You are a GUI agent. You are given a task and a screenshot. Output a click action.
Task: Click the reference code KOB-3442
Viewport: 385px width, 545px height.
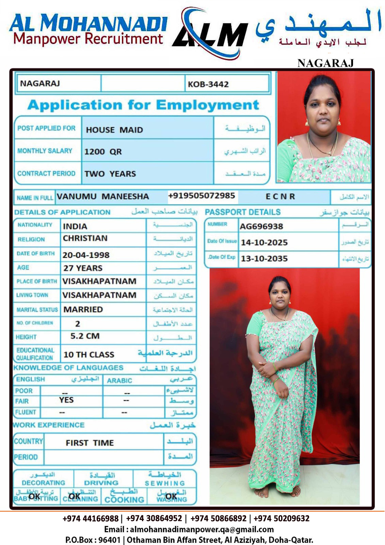[208, 84]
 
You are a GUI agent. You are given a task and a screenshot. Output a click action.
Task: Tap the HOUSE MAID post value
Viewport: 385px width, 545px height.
[114, 130]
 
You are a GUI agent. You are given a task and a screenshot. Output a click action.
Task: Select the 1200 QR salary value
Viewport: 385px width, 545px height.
[103, 152]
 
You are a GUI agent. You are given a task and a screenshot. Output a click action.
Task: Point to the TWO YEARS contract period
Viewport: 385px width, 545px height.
[110, 174]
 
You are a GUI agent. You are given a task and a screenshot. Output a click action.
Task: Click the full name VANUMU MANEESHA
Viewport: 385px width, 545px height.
[103, 197]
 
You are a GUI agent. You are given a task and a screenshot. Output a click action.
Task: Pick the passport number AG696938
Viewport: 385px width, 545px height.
[261, 226]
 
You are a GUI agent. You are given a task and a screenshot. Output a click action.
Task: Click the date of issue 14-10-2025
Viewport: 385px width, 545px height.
[264, 243]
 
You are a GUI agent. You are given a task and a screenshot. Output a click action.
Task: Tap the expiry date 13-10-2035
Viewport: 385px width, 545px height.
[264, 259]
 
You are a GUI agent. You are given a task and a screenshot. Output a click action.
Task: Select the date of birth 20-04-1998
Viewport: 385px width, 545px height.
[86, 255]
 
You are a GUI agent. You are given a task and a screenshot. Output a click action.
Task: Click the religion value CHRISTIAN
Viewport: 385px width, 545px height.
[85, 238]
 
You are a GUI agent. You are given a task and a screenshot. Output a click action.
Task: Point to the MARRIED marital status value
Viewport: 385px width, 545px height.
[83, 309]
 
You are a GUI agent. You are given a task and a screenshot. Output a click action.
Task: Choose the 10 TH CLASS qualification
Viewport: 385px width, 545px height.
[89, 355]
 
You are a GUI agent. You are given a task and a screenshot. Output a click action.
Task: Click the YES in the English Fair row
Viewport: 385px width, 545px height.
[66, 400]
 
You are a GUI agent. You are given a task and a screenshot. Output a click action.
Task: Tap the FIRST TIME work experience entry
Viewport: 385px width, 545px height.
[90, 443]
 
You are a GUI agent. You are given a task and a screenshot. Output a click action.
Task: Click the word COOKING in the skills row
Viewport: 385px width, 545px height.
[124, 500]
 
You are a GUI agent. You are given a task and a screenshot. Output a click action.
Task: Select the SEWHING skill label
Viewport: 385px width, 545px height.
[165, 483]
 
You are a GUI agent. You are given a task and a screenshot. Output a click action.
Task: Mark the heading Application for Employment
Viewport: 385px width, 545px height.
[143, 105]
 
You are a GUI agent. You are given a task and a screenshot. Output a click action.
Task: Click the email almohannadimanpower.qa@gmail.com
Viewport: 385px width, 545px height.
[202, 529]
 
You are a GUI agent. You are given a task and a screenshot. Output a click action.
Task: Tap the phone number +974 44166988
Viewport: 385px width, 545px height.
[91, 518]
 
